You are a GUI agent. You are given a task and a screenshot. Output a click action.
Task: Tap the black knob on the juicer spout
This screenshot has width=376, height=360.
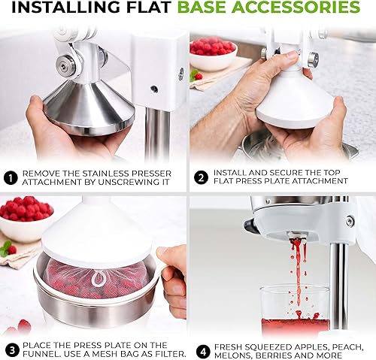click(248, 225)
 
